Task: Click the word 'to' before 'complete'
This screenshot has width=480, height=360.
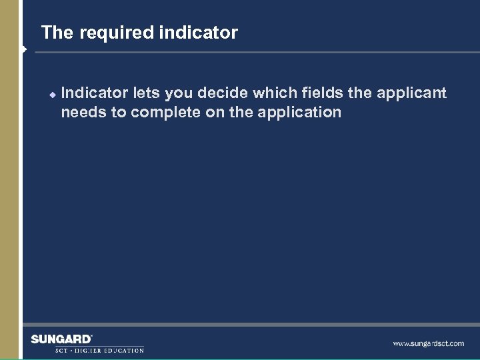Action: pos(119,112)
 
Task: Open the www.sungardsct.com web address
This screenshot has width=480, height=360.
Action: pos(428,344)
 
